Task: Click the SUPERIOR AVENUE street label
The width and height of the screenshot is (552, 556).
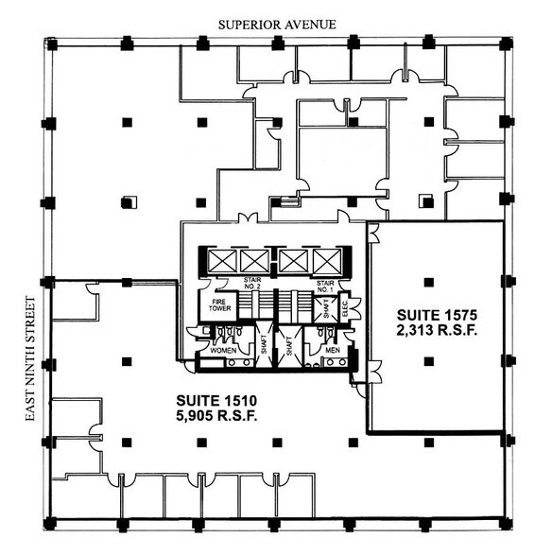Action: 276,24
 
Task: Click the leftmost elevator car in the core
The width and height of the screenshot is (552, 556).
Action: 221,259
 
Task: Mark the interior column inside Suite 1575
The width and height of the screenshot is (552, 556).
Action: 428,281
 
